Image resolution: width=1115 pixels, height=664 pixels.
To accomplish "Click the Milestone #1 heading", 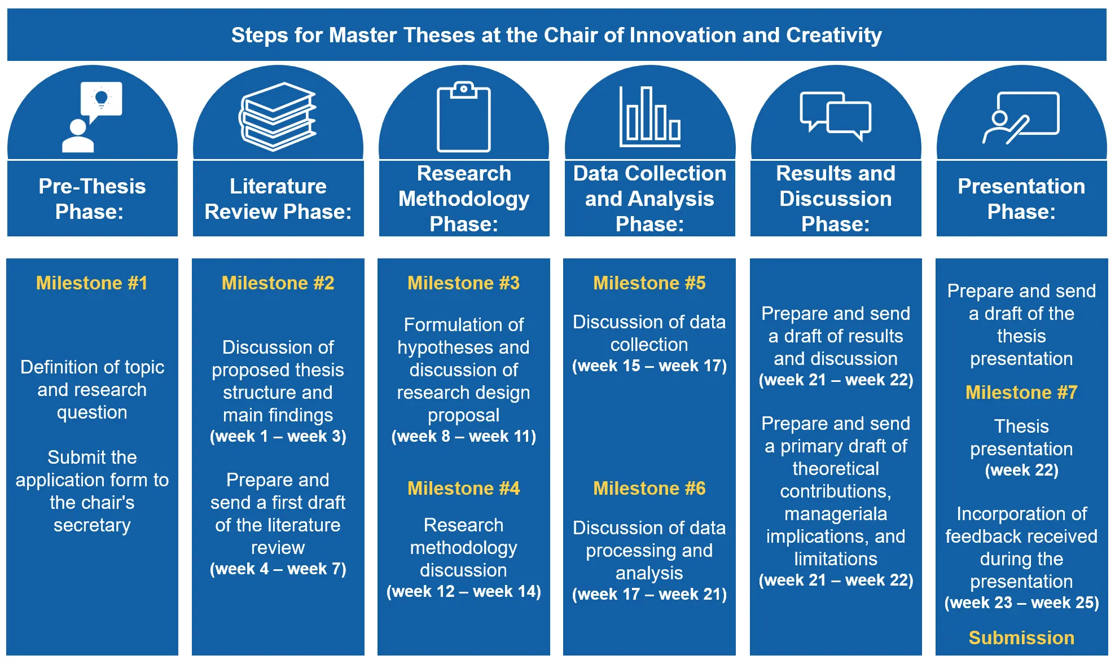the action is (92, 283).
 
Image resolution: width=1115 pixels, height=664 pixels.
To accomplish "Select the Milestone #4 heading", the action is (463, 488).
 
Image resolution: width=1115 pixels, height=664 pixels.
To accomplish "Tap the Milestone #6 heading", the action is (649, 488).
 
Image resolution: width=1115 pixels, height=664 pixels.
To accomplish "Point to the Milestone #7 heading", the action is (1021, 392).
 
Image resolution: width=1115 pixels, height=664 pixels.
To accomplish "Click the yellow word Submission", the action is (1021, 637).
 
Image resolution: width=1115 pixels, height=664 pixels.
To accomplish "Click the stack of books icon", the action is (277, 117).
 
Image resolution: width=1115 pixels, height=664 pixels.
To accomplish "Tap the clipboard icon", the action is (464, 117).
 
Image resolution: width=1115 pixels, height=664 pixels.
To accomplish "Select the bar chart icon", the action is (650, 117).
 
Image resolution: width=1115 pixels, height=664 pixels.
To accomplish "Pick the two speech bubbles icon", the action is (836, 116).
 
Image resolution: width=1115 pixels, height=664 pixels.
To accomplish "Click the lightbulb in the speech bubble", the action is (102, 99).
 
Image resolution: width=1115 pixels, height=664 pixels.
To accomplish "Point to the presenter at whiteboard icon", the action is (1021, 117).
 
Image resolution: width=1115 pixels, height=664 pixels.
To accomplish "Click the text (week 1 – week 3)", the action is (278, 436).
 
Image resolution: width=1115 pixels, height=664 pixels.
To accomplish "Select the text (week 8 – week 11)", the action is (463, 436).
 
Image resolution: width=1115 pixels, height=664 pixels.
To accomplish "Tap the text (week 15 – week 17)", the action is (649, 366).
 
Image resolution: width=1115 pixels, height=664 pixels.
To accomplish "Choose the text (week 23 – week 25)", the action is (1021, 603).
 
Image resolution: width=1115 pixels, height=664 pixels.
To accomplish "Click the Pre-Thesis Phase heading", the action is (92, 199).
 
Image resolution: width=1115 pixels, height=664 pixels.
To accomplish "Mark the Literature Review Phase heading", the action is (278, 199).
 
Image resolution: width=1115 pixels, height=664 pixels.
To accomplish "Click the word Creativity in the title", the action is (834, 35).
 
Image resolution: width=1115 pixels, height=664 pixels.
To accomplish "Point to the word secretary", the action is (92, 525).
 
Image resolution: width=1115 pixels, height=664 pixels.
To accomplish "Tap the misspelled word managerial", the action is (835, 514).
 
